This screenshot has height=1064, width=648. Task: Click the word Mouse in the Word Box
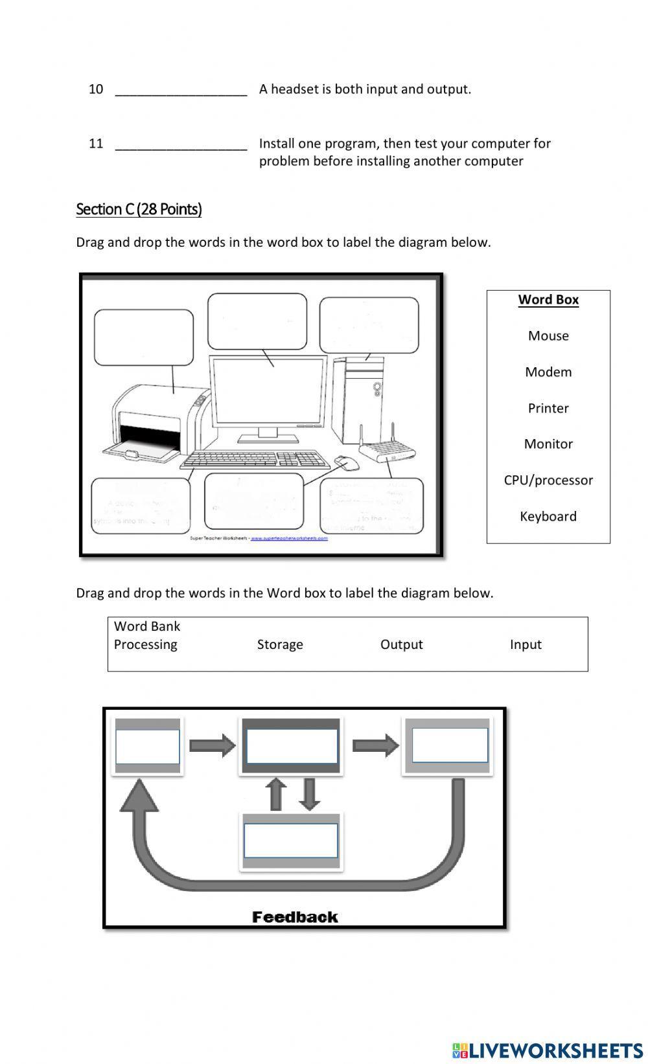548,335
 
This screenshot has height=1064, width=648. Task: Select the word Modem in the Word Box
548,372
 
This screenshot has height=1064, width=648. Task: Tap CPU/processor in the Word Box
548,480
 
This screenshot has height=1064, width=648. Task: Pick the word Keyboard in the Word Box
548,516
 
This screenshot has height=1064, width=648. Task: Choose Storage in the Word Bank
280,644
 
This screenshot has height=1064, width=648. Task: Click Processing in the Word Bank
145,644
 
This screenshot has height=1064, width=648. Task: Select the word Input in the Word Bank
526,644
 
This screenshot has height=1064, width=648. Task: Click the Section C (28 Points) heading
139,209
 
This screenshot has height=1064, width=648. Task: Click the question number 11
96,143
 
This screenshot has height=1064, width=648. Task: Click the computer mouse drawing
347,463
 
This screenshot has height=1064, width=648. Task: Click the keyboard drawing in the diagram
255,460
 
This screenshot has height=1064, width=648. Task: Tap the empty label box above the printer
144,337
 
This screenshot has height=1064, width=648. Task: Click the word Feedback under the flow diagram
295,917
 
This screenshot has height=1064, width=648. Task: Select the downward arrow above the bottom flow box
310,794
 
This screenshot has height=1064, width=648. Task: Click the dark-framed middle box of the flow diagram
292,746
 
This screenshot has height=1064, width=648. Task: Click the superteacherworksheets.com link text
289,538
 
